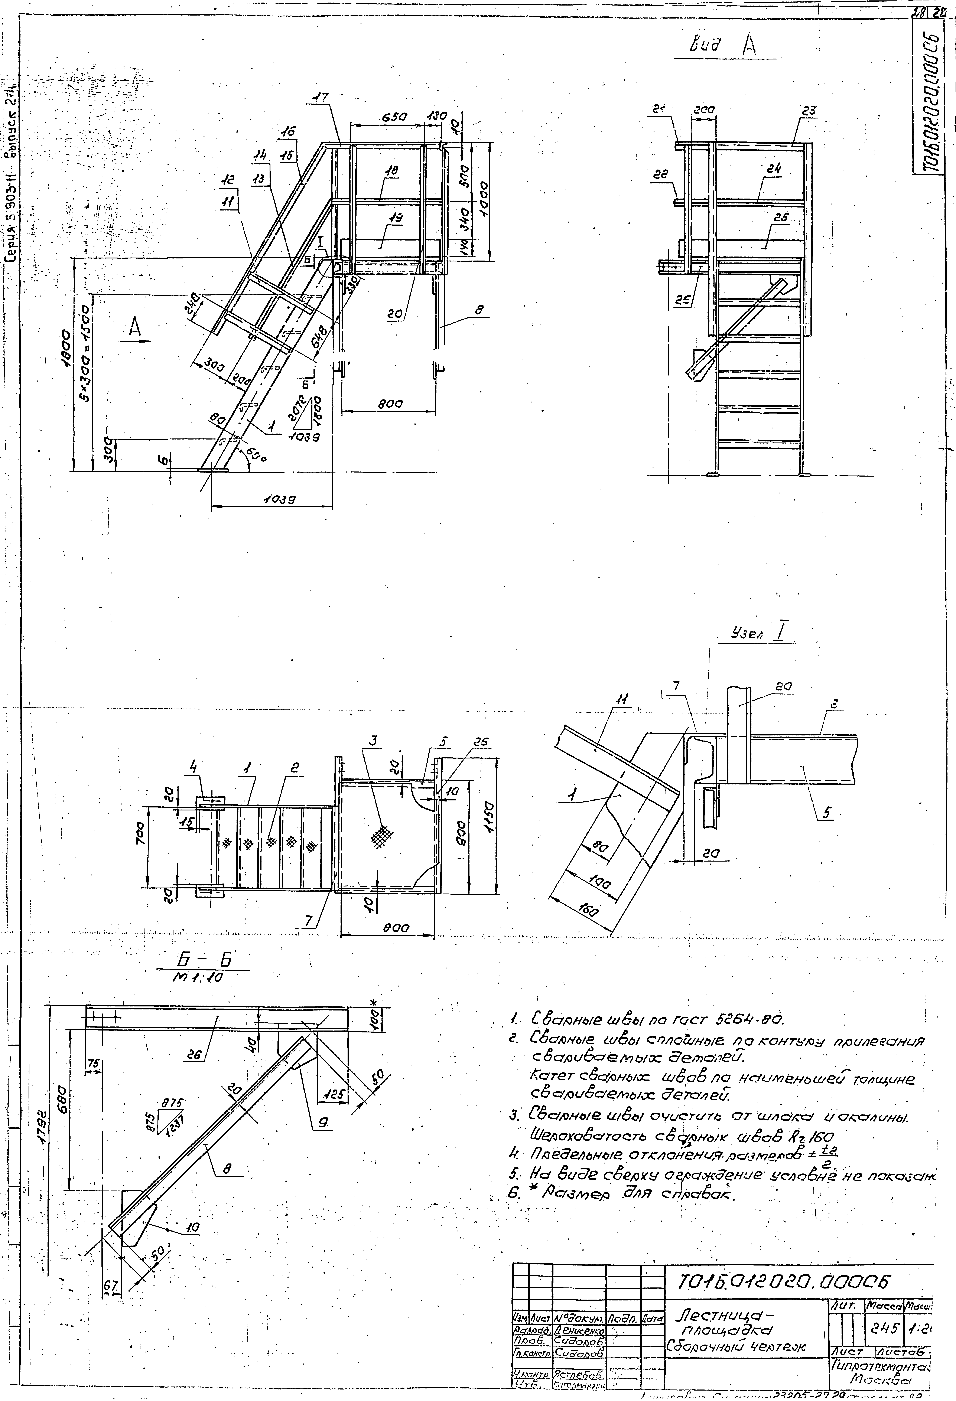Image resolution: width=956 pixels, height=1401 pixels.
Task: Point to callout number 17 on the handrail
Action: tap(321, 97)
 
